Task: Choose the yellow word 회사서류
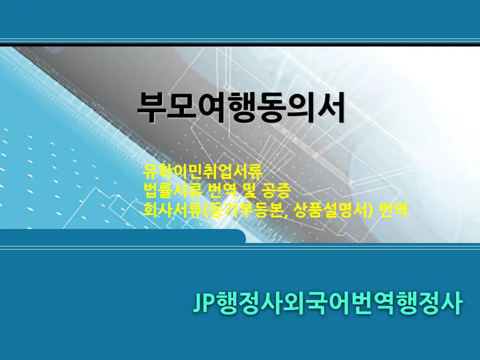[x=172, y=210]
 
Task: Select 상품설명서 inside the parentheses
[x=330, y=210]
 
